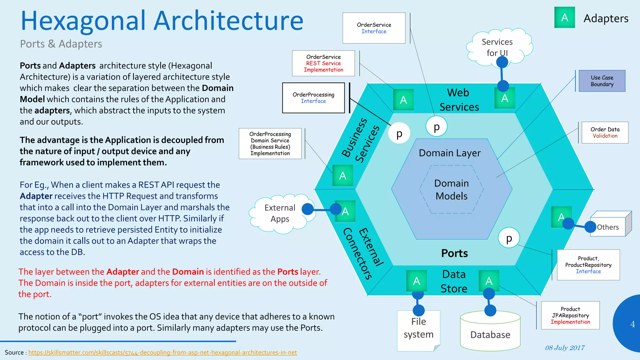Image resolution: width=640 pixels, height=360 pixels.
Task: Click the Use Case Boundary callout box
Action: point(602,81)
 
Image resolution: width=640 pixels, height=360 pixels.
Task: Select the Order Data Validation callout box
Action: point(605,132)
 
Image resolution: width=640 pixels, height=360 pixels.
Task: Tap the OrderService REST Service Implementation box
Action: point(323,63)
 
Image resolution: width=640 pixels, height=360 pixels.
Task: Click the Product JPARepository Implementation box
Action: point(570,315)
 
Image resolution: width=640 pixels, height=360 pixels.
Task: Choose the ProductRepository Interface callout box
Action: point(588,265)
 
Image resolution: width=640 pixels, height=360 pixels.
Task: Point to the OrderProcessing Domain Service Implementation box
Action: point(270,143)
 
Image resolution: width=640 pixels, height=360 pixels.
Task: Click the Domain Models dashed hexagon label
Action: point(451,189)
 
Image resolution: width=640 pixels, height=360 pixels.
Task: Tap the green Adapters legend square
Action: point(564,17)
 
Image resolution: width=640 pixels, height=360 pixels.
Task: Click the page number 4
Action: point(632,324)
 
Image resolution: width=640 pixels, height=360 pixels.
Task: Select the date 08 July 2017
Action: point(565,348)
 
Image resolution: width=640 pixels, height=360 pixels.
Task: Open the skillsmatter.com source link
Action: point(162,352)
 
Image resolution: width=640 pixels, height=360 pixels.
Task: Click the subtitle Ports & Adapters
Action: point(61,44)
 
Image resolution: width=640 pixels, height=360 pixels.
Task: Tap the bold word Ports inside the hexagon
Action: point(454,253)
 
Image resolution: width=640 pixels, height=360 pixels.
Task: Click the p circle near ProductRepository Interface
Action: point(509,238)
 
